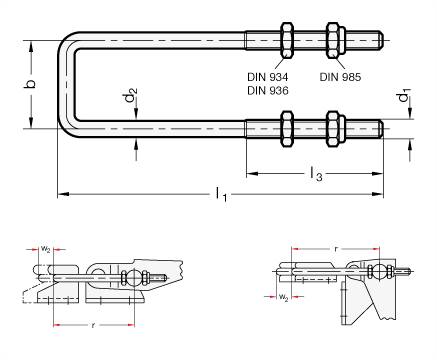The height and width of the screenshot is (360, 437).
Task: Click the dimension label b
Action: point(31,80)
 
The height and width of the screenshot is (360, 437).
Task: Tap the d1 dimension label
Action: point(405,99)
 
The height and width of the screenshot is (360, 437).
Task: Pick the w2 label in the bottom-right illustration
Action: point(284,297)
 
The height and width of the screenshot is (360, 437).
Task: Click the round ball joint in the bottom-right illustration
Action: point(381,272)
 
